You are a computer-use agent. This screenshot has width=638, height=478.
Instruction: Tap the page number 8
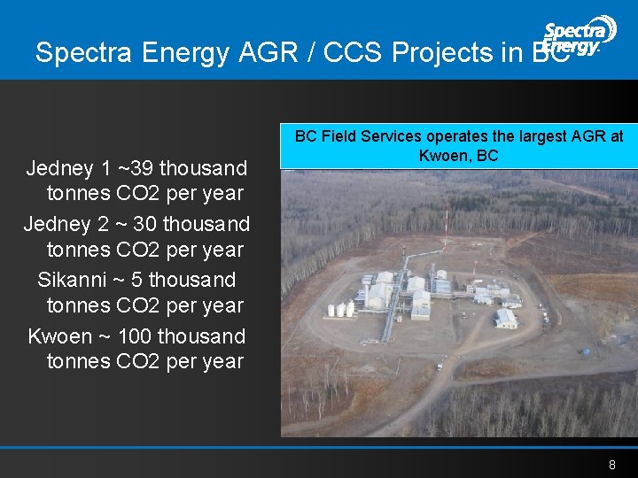coord(611,465)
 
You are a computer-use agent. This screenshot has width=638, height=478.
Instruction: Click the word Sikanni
coord(73,281)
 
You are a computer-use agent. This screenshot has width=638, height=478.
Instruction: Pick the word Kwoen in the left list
coord(60,336)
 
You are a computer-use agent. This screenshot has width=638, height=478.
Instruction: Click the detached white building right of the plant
coord(506,318)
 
